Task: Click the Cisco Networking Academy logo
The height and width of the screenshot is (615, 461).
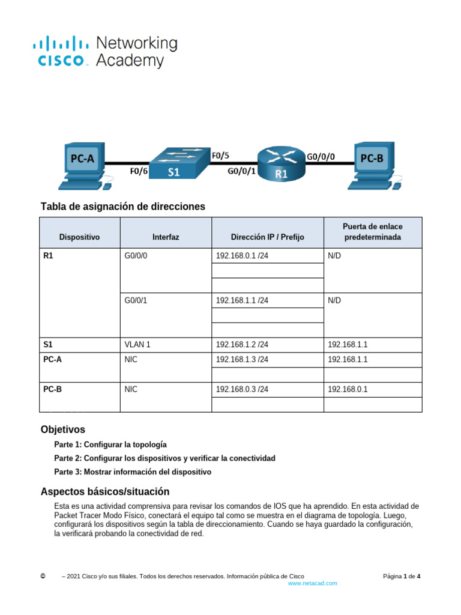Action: point(105,52)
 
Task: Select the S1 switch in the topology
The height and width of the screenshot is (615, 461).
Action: point(175,163)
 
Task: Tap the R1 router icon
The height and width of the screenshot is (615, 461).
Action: point(281,163)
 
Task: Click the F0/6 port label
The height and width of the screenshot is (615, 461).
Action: point(139,171)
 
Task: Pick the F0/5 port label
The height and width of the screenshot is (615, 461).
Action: point(220,155)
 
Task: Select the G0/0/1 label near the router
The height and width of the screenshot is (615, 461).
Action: point(241,171)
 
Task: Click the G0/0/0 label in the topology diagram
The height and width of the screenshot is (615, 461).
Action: point(321,156)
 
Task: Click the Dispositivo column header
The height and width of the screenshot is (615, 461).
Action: point(80,237)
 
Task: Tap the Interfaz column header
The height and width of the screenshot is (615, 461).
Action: point(166,237)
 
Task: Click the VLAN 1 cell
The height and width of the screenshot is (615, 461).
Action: point(137,345)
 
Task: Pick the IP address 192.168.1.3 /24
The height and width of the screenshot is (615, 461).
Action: point(242,360)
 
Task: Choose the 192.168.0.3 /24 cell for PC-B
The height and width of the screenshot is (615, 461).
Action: point(242,389)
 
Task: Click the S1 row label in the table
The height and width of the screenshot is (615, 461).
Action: point(49,345)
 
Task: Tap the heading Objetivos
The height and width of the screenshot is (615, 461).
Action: point(63,429)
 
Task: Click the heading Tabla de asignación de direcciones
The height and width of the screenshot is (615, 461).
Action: point(123,207)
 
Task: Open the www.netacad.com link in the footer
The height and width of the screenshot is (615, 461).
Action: point(313,583)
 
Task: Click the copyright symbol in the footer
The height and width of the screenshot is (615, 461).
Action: point(43,576)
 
